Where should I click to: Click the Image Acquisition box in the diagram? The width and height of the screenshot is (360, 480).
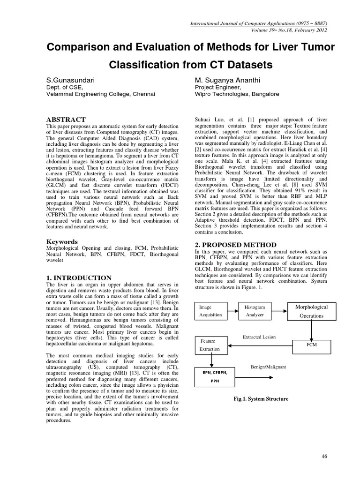[x=211, y=311]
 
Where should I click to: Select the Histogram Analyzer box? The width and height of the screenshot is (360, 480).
[x=255, y=311]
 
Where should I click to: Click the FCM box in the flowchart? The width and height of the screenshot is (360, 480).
[x=311, y=345]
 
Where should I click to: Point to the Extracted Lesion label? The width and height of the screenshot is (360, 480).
[x=259, y=337]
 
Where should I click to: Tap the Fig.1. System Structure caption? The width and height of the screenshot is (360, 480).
[x=261, y=399]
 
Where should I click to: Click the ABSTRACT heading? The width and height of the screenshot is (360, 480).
[x=66, y=120]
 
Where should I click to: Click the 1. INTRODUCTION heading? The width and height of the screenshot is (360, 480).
[x=79, y=277]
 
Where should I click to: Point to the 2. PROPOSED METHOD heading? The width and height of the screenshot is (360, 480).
[x=235, y=245]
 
